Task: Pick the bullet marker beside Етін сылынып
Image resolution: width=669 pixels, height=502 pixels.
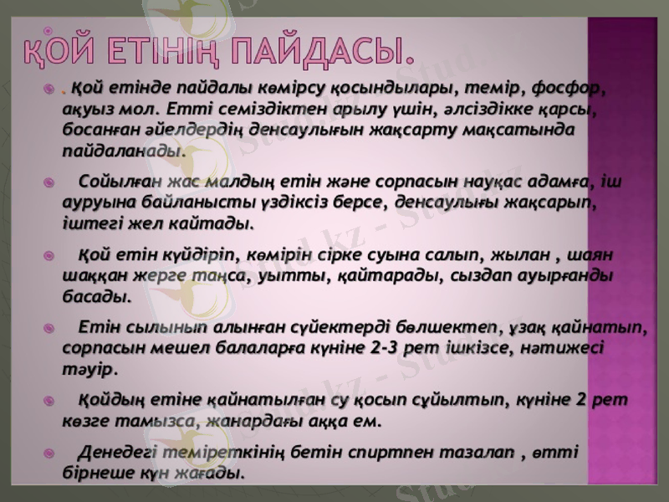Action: (x=52, y=326)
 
